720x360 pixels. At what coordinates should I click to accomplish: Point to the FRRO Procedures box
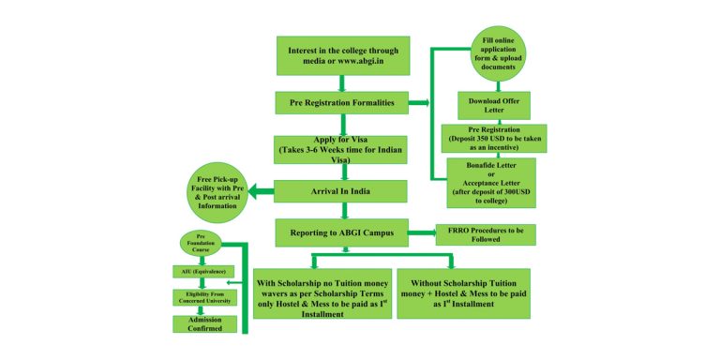[x=486, y=233]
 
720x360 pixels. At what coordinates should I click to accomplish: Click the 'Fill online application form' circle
[x=499, y=53]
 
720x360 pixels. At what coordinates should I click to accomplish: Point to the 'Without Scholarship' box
[x=463, y=293]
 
